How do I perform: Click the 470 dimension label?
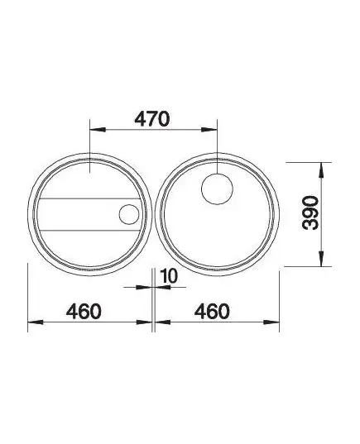click(152, 119)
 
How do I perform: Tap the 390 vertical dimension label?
click(310, 212)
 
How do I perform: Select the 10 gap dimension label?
click(168, 276)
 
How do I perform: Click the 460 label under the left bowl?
click(84, 311)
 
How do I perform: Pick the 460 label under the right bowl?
click(212, 311)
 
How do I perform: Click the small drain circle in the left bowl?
click(129, 214)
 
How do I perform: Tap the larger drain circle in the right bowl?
click(217, 189)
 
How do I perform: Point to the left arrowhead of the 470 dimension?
click(98, 130)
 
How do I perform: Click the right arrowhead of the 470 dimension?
click(209, 130)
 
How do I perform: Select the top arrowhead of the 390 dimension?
click(321, 170)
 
